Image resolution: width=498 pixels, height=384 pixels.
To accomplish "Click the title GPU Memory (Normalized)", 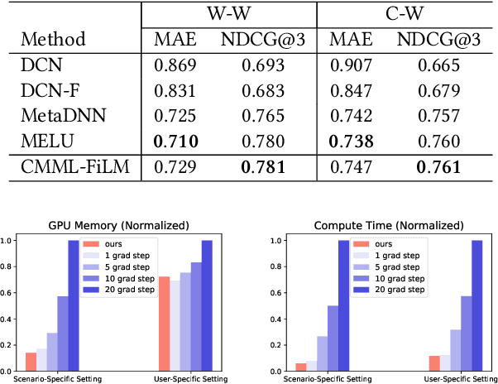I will coord(118,225).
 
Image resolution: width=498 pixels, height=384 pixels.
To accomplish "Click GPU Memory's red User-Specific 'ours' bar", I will coord(164,324).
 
